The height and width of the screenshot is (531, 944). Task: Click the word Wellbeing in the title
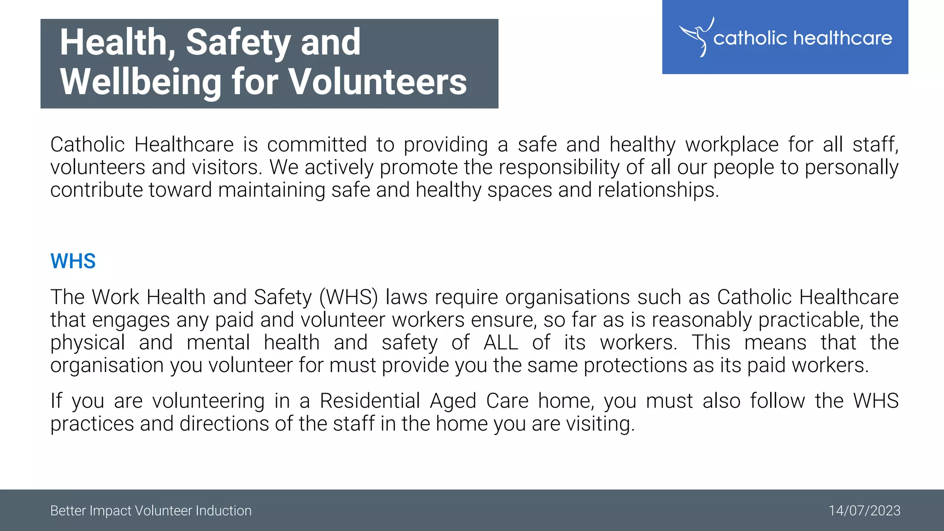coord(141,82)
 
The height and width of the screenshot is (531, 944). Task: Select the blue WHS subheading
coord(73,261)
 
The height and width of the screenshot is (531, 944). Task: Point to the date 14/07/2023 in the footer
coord(864,511)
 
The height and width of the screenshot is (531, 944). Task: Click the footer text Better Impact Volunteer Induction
coord(151,511)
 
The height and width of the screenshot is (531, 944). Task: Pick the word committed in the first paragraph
coord(317,145)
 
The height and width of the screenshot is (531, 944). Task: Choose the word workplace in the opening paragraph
coord(732,145)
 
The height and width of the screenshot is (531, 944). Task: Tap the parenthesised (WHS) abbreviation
coord(348,297)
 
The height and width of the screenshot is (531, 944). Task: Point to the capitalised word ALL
coord(501,342)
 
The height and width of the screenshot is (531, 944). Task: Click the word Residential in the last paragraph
coord(370,401)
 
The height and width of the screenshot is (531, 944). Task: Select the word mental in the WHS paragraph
coord(218,342)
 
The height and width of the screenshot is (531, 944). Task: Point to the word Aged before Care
coord(453,401)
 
